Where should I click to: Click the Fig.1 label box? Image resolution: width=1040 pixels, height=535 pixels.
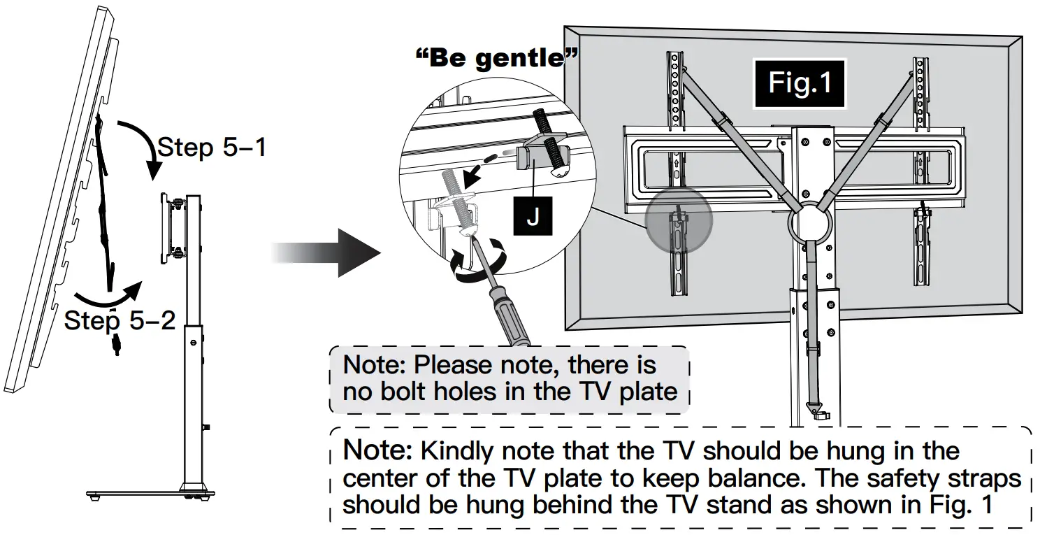pyautogui.click(x=800, y=83)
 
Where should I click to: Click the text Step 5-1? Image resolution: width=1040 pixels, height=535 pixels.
pyautogui.click(x=212, y=148)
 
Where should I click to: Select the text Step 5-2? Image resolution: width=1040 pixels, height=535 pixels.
pyautogui.click(x=120, y=320)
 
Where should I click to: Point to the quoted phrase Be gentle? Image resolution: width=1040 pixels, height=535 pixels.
pyautogui.click(x=496, y=58)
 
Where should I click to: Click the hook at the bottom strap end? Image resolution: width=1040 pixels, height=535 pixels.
pyautogui.click(x=817, y=411)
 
